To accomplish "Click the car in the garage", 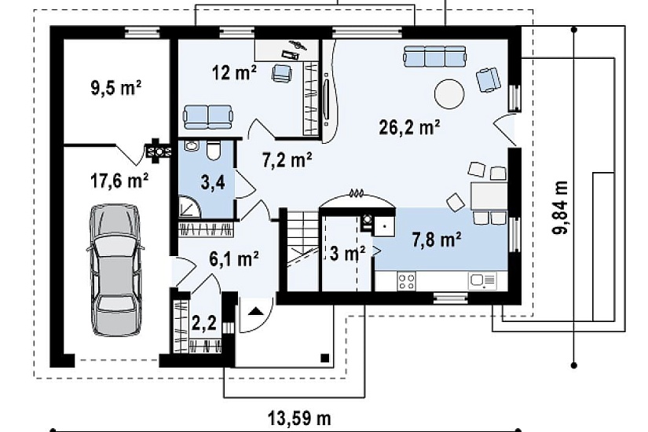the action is pos(115,270).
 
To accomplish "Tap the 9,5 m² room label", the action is pos(116,88).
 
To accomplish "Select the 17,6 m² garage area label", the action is pos(119,181).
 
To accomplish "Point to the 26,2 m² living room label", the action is pos(409,127).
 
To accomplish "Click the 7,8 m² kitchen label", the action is pos(437,240).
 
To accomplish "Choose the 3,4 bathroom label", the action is pos(213,182).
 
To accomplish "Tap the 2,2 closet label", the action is pos(204,323).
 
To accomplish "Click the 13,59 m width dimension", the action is pos(299,419).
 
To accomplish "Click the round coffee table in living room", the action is pos(449,93).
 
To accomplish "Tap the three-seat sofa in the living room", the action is pos(435,57).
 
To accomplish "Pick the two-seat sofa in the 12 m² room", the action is pos(208,116).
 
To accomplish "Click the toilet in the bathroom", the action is pos(214,151).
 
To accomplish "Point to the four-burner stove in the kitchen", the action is pos(406,281).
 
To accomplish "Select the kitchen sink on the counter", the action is pos(481,281).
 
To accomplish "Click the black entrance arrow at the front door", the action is pos(254,311).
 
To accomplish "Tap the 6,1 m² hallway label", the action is pos(234,259).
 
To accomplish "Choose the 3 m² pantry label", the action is pos(347,253).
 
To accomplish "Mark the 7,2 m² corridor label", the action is pos(287,160).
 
